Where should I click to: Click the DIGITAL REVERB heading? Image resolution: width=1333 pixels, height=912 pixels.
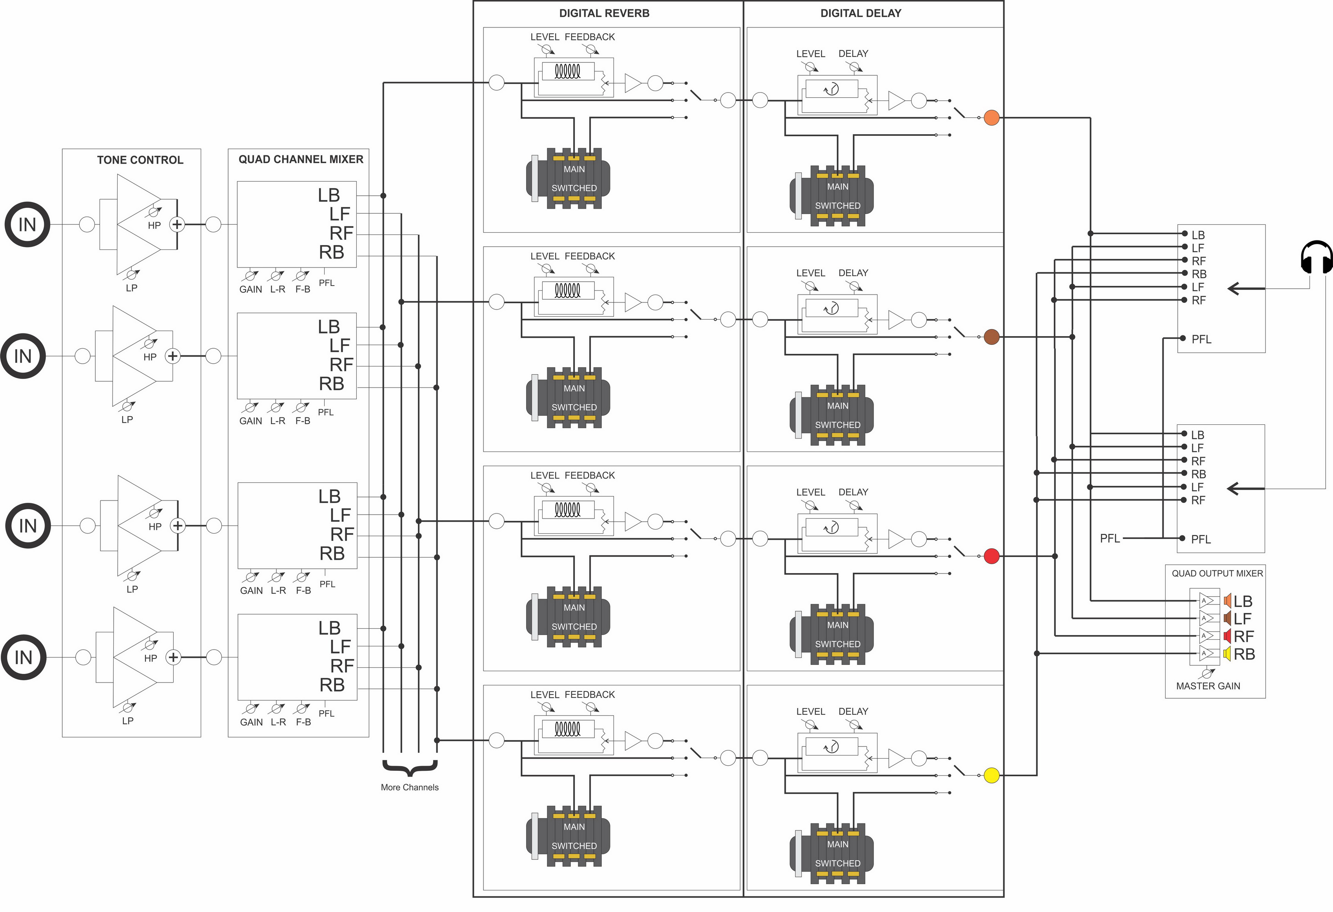click(604, 13)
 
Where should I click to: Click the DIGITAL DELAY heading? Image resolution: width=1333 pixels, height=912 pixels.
click(860, 13)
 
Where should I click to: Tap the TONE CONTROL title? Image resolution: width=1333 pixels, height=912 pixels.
click(140, 160)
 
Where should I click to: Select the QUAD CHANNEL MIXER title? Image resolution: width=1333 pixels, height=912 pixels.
click(301, 160)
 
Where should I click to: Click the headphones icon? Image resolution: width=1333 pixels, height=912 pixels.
click(1316, 258)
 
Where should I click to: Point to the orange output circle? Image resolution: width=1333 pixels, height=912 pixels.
click(991, 118)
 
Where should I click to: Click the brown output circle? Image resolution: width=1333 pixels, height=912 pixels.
click(991, 337)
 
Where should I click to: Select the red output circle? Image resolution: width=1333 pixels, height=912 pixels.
click(991, 556)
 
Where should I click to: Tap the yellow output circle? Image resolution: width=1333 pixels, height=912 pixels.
click(991, 775)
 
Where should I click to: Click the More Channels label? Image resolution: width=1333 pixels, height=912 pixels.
click(410, 787)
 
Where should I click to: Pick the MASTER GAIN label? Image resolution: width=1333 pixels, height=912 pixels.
click(1208, 686)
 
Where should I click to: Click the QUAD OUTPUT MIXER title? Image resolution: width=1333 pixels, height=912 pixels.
click(1217, 573)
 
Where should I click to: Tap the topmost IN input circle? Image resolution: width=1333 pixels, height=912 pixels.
click(27, 224)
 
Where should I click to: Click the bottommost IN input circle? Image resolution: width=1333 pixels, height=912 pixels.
click(24, 657)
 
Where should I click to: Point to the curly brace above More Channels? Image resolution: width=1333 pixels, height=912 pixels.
click(410, 768)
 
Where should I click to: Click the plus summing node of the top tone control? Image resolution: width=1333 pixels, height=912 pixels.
click(177, 224)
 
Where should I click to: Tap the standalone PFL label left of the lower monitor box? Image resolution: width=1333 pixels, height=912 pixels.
click(1109, 538)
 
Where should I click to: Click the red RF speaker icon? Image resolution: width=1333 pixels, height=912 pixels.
click(1227, 636)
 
